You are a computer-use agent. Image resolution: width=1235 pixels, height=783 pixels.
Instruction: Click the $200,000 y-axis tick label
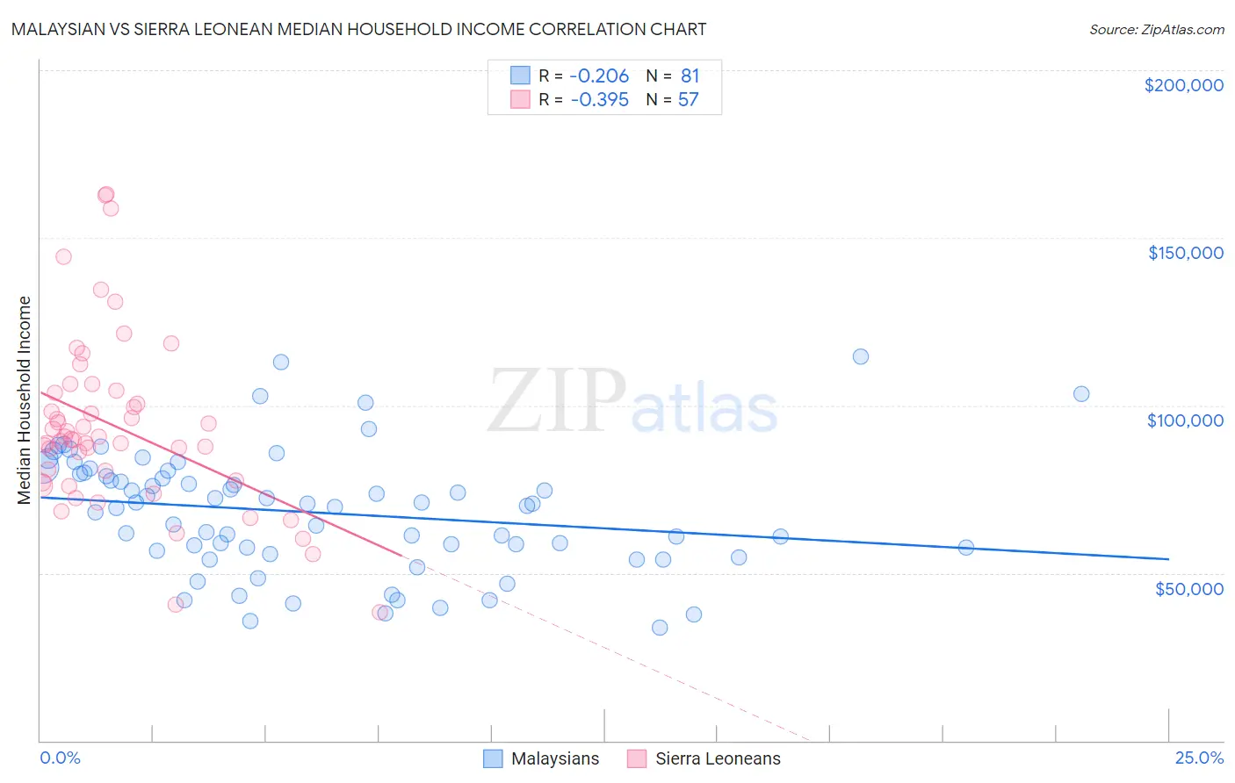pyautogui.click(x=1183, y=85)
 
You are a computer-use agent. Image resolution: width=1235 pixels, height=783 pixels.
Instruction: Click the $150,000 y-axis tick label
pyautogui.click(x=1185, y=253)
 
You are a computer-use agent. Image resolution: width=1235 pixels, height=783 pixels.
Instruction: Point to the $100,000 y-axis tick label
pyautogui.click(x=1185, y=420)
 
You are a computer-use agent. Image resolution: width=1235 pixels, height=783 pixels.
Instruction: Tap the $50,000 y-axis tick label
pyautogui.click(x=1188, y=588)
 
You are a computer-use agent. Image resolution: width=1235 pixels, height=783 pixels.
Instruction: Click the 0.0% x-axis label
pyautogui.click(x=60, y=758)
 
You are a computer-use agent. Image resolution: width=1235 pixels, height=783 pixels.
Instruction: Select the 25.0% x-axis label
pyautogui.click(x=1199, y=758)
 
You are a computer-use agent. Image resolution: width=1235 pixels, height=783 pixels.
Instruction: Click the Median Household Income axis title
pyautogui.click(x=25, y=400)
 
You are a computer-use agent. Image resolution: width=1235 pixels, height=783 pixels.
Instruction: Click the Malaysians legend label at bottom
pyautogui.click(x=555, y=758)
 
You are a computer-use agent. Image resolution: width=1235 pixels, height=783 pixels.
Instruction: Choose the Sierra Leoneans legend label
pyautogui.click(x=718, y=758)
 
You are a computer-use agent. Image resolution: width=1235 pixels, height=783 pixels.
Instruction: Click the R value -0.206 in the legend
pyautogui.click(x=599, y=76)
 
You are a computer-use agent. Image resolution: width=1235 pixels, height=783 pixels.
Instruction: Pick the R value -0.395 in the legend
pyautogui.click(x=599, y=100)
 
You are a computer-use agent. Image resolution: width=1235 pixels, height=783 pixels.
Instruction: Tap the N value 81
pyautogui.click(x=690, y=76)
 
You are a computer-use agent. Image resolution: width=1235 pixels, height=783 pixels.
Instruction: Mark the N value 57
pyautogui.click(x=688, y=100)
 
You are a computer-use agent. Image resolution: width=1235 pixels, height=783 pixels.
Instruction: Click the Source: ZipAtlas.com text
pyautogui.click(x=1156, y=30)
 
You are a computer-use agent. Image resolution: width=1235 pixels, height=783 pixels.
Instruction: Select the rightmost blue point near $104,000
pyautogui.click(x=1081, y=394)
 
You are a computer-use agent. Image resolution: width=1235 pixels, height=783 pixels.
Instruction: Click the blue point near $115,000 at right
pyautogui.click(x=861, y=356)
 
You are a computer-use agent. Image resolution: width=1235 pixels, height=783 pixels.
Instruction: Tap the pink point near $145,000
pyautogui.click(x=63, y=257)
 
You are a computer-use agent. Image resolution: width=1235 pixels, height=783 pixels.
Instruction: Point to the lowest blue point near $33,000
pyautogui.click(x=660, y=628)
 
